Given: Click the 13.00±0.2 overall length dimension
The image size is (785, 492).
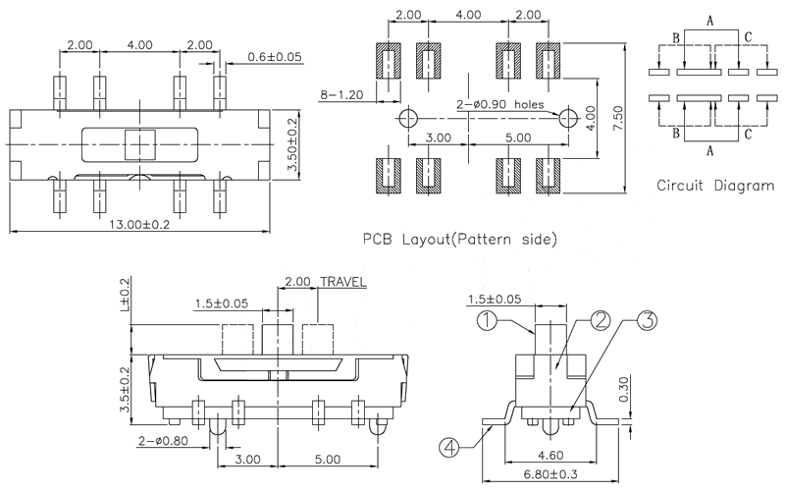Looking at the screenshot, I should pos(140,224).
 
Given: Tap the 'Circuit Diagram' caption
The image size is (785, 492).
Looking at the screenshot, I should pos(714,185).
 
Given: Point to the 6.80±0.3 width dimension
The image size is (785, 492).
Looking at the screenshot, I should pos(554,476).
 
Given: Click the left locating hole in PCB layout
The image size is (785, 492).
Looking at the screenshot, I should pos(408,118).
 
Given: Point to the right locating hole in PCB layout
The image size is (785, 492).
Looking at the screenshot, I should pos(566,118).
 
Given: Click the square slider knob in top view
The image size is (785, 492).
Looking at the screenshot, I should pos(141,144).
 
